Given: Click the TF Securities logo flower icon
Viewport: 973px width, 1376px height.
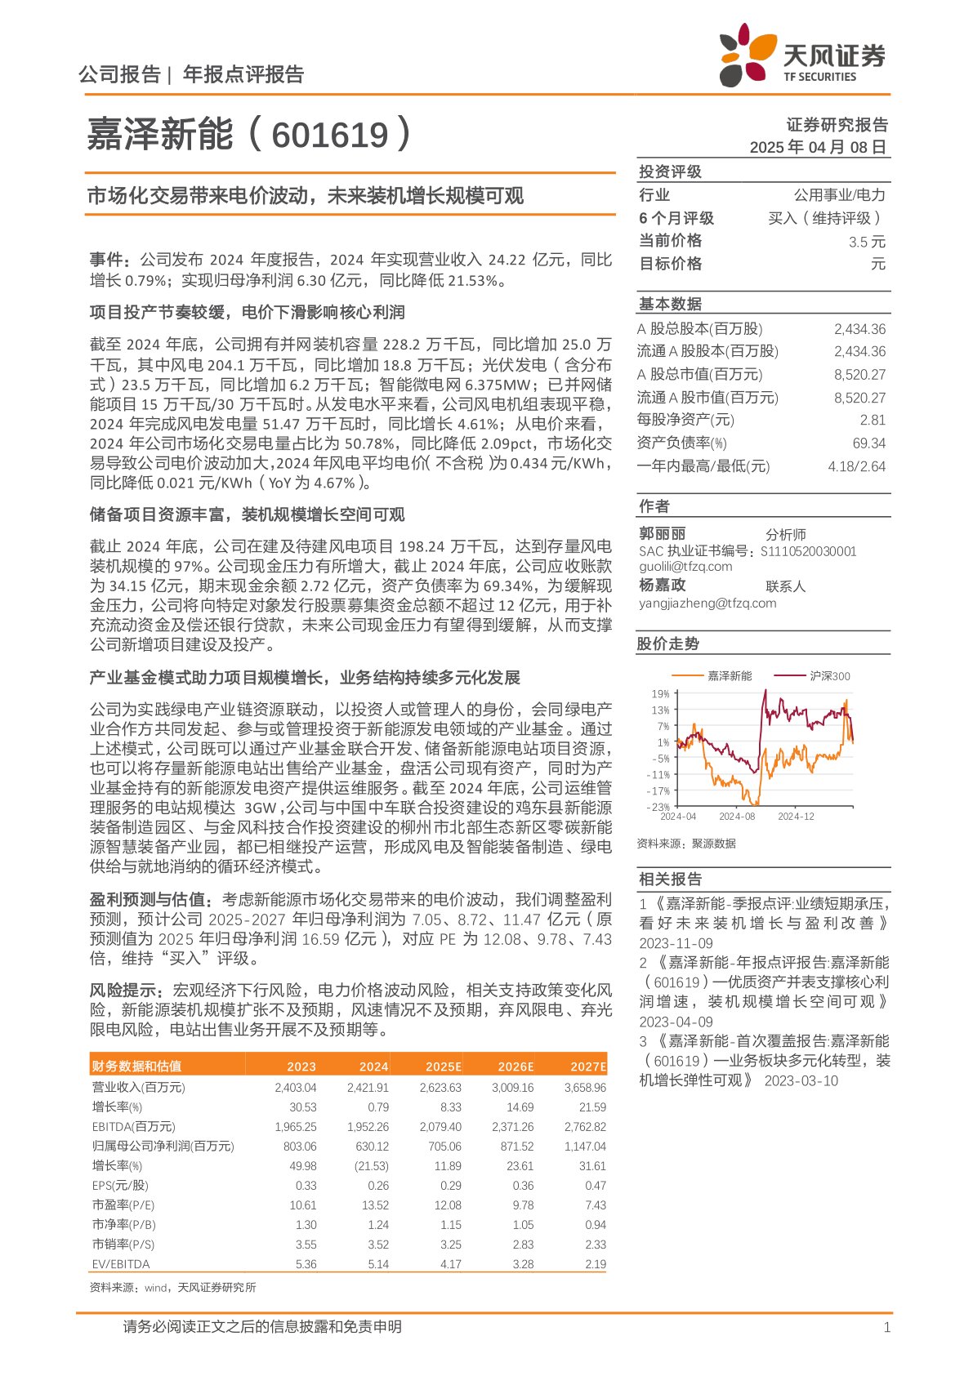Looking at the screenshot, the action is (x=746, y=54).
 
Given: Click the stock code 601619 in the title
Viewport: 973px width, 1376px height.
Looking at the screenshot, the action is (x=330, y=135).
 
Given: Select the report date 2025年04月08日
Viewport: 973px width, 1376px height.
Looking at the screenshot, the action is (x=818, y=147).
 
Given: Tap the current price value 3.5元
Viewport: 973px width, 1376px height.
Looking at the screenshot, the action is (x=867, y=242).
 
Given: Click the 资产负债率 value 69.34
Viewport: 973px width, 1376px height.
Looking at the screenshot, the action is (x=868, y=443).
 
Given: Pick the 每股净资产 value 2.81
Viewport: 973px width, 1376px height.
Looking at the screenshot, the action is (x=872, y=420).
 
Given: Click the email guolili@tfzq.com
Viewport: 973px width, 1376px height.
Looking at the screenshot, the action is (x=685, y=567).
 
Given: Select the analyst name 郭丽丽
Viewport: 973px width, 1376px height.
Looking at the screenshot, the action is (x=662, y=533).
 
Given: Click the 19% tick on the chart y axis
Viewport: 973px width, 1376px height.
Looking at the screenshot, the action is (x=659, y=694).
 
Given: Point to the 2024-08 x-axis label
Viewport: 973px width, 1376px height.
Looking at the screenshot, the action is (x=737, y=817).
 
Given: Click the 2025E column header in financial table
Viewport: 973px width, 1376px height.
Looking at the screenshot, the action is (x=443, y=1067).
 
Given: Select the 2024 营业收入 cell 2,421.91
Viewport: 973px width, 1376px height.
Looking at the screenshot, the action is (x=368, y=1088).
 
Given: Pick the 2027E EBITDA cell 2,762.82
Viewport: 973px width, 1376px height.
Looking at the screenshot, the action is (x=585, y=1127).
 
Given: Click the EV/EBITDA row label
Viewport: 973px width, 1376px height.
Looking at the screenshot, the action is (x=121, y=1264).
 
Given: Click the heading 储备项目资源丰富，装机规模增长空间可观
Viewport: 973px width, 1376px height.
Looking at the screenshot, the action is (x=247, y=514).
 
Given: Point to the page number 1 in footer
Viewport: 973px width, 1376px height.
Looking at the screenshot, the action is (x=886, y=1328).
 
